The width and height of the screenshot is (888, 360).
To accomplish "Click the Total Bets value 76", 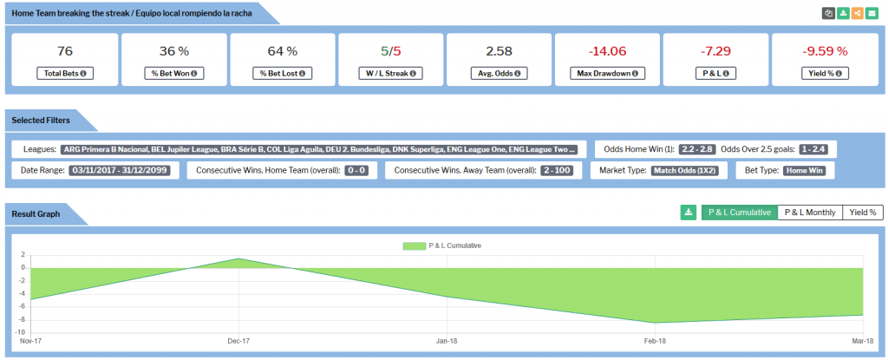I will [65, 51].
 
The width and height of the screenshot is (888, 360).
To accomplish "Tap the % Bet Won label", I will [173, 74].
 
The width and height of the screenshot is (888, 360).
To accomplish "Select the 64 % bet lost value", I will [282, 51].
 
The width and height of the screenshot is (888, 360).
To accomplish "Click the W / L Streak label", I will [390, 74].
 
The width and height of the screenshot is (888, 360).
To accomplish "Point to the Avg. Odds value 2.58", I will [499, 51].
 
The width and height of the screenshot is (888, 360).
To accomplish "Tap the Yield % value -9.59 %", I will [823, 51].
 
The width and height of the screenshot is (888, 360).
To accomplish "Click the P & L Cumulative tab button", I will [740, 212].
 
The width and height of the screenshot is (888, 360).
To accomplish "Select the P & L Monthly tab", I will [810, 212].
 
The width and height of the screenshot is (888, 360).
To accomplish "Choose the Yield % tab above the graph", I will [862, 212].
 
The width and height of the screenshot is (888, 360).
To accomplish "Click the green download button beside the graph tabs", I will [689, 212].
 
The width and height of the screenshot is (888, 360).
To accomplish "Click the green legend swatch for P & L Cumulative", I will [415, 245].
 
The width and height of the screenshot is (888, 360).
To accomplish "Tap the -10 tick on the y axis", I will [21, 332].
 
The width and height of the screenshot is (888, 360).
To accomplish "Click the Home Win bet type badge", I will [807, 171].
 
